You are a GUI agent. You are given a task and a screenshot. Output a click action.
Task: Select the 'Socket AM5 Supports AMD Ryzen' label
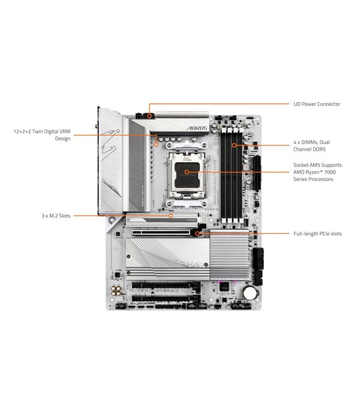coord(317,172)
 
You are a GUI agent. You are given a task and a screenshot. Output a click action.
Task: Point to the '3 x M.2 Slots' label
coord(56,215)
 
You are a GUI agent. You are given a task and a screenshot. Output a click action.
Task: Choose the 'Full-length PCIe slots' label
coord(317,234)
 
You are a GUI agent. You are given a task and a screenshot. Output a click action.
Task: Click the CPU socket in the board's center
coord(187,172)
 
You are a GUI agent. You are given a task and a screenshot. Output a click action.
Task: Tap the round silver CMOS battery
coord(249,292)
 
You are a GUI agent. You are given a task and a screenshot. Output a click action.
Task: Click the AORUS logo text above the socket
coord(198,129)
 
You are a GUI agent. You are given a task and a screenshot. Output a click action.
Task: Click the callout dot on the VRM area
coord(156,144)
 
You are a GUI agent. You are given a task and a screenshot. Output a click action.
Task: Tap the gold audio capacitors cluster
coord(114,292)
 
